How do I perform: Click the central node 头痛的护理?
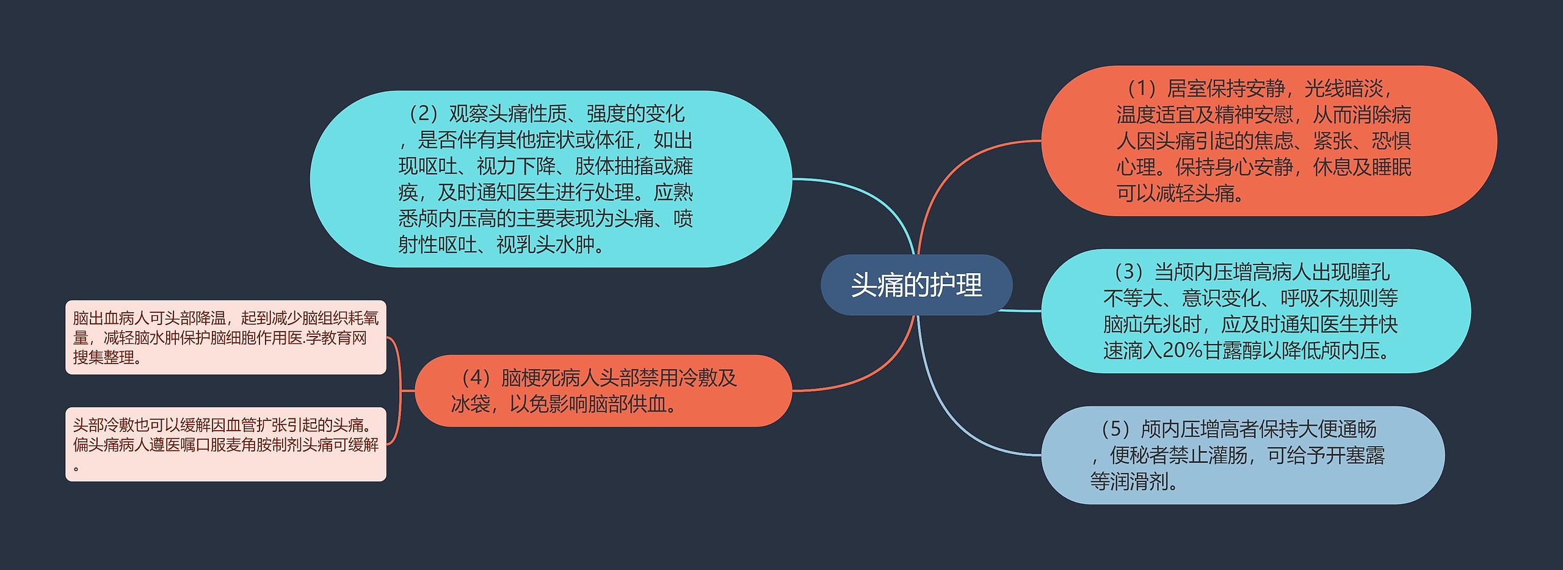pyautogui.click(x=916, y=285)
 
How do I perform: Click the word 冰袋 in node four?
pyautogui.click(x=470, y=404)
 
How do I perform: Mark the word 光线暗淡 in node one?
pyautogui.click(x=1343, y=89)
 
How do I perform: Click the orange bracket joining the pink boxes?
pyautogui.click(x=400, y=391)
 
